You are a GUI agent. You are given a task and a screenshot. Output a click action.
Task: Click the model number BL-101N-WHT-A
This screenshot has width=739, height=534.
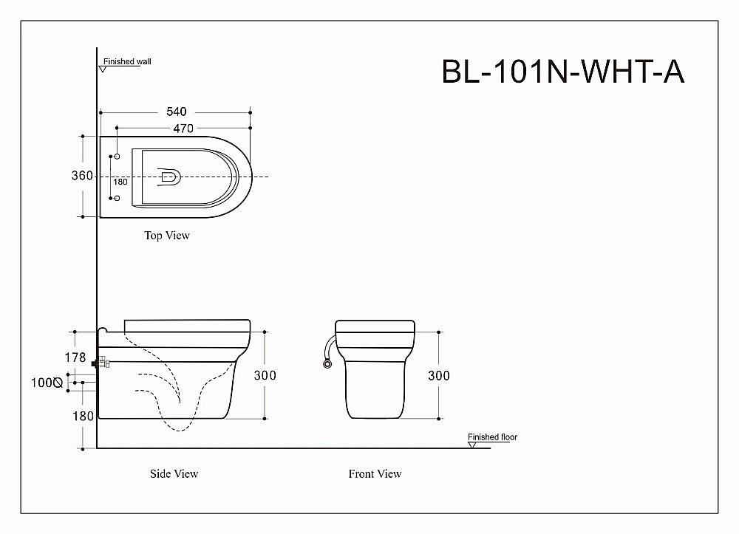pyautogui.click(x=563, y=72)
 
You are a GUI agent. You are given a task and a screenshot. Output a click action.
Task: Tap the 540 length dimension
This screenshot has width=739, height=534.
pyautogui.click(x=176, y=112)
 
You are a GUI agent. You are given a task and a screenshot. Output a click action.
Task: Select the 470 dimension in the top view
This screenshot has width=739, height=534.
pyautogui.click(x=183, y=129)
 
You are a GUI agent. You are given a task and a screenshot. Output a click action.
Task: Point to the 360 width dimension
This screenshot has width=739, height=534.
pyautogui.click(x=82, y=176)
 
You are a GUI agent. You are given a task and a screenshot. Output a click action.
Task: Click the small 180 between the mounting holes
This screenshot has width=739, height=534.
pyautogui.click(x=120, y=182)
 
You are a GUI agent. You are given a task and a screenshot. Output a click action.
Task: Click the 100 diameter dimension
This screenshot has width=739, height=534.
pyautogui.click(x=46, y=383)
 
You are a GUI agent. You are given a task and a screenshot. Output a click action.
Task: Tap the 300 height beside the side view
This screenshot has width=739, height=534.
pyautogui.click(x=265, y=375)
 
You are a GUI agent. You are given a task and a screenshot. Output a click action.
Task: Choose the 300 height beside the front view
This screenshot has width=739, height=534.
pyautogui.click(x=438, y=375)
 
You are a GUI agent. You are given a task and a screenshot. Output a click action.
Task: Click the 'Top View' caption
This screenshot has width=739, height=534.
pyautogui.click(x=167, y=236)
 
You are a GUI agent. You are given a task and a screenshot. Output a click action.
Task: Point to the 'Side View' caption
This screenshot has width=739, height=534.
pyautogui.click(x=174, y=473)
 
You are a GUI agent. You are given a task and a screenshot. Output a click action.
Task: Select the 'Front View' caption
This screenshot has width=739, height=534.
pyautogui.click(x=375, y=473)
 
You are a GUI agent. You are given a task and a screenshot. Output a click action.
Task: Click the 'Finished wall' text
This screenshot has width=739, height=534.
pyautogui.click(x=127, y=62)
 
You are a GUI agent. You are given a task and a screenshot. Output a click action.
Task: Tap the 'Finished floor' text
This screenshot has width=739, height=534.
pyautogui.click(x=492, y=437)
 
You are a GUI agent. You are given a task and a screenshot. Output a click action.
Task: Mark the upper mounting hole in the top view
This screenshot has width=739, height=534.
pyautogui.click(x=117, y=157)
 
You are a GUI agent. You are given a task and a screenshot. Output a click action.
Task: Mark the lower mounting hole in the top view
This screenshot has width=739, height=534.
pyautogui.click(x=117, y=198)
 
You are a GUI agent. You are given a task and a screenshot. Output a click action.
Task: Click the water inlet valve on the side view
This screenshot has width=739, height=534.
pyautogui.click(x=100, y=363)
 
